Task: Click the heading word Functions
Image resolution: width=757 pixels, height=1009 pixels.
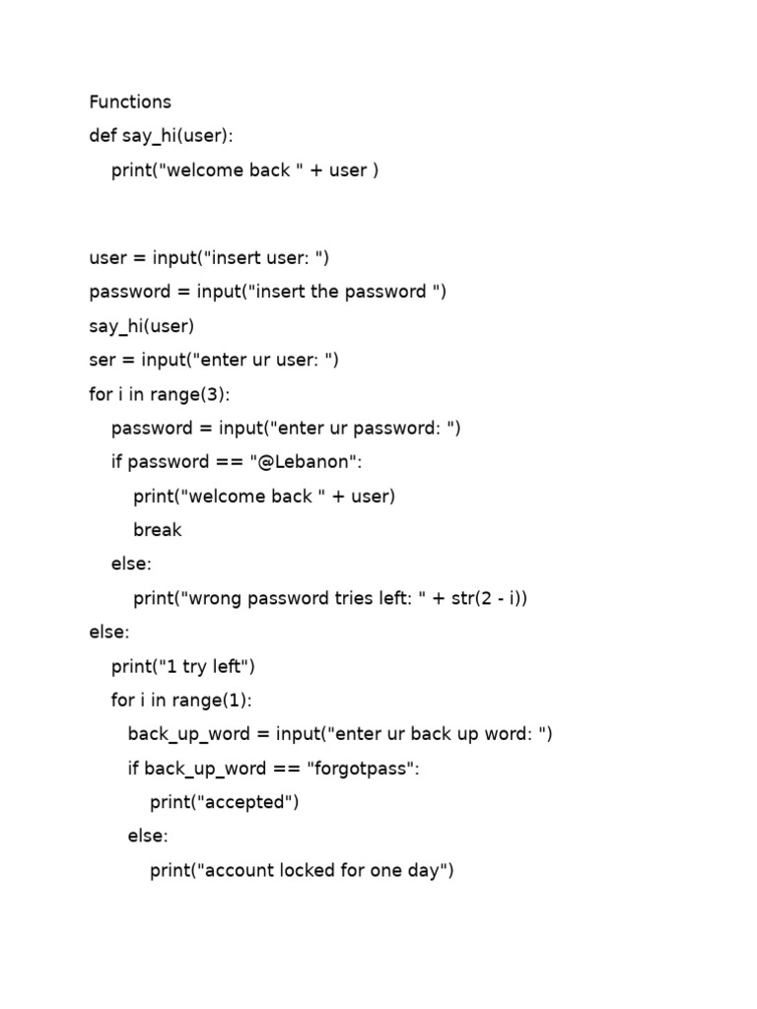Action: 130,101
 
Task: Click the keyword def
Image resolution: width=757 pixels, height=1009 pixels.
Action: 103,135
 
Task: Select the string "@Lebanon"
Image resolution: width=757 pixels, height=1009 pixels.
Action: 304,462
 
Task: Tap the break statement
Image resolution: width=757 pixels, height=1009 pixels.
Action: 158,529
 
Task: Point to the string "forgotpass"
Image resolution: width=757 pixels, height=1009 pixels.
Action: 360,769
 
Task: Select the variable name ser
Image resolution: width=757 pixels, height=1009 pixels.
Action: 103,360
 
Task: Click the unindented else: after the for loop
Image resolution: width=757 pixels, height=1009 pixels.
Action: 109,632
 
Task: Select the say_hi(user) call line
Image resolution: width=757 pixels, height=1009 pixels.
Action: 142,325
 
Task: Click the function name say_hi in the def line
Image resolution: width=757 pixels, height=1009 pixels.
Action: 149,136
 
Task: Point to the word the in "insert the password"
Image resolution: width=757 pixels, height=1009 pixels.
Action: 324,292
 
